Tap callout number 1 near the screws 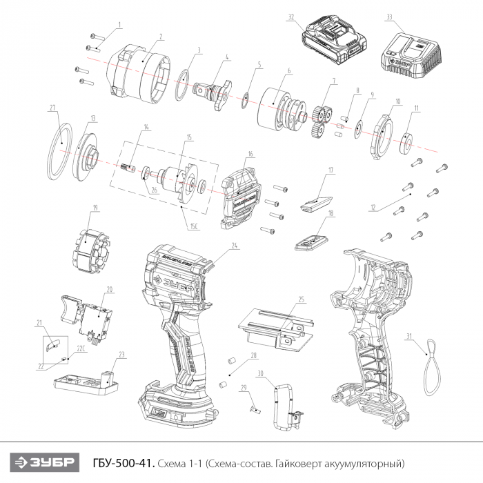[x=119, y=25]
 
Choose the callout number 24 [x=234, y=245]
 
